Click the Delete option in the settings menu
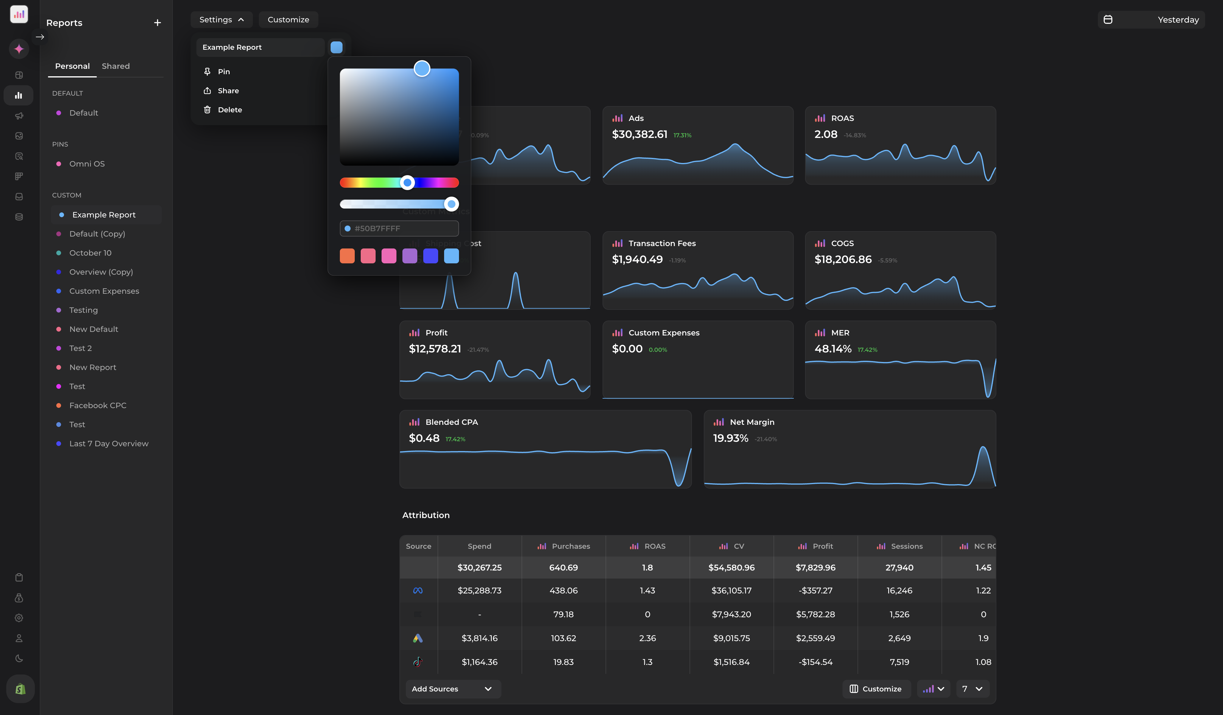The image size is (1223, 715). [x=230, y=110]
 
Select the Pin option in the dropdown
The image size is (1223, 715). [x=223, y=71]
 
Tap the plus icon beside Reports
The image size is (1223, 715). [x=157, y=23]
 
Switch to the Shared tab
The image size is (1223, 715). [x=116, y=66]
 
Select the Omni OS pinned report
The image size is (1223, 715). [x=87, y=164]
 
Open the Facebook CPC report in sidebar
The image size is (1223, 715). [x=98, y=405]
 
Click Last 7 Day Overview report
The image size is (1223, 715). [x=109, y=444]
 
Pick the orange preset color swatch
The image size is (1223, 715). [x=347, y=256]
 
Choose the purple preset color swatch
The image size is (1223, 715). [x=410, y=256]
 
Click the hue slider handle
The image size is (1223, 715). [x=407, y=183]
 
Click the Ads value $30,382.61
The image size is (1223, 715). [x=639, y=134]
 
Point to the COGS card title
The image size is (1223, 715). [x=842, y=243]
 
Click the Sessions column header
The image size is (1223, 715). [x=906, y=546]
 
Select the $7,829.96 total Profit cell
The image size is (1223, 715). [x=815, y=568]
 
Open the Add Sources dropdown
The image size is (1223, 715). [x=452, y=689]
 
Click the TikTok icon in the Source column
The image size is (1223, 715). [x=417, y=662]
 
